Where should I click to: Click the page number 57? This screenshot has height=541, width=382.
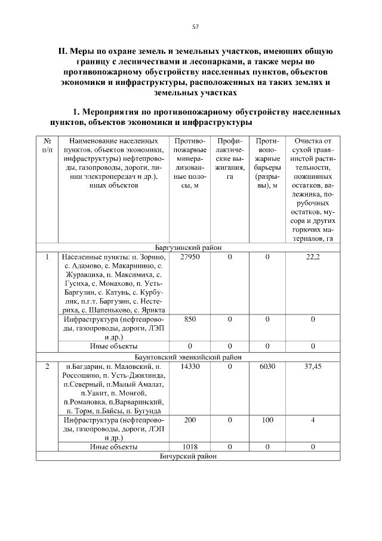click(x=195, y=27)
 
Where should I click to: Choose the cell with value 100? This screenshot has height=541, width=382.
click(x=267, y=420)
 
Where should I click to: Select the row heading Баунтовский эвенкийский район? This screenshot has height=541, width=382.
click(x=189, y=356)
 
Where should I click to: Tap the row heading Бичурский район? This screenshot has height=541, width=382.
click(x=189, y=457)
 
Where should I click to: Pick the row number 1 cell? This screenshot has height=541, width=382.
click(x=47, y=256)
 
